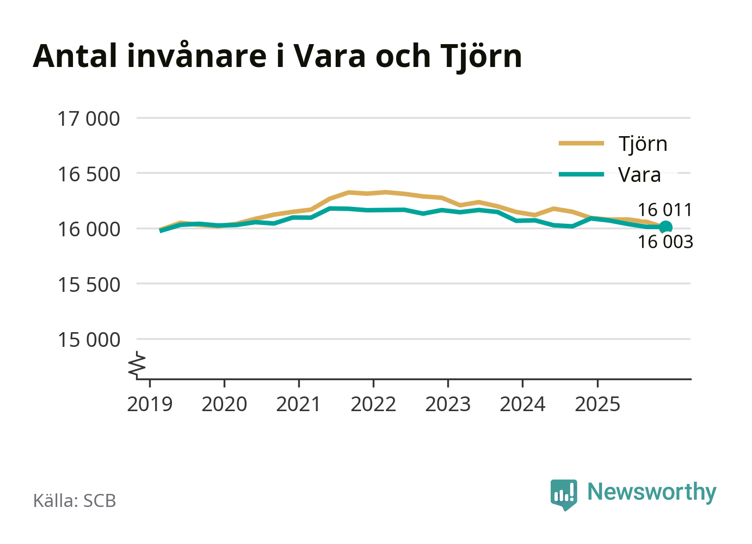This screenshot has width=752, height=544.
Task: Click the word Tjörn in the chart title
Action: pos(481,56)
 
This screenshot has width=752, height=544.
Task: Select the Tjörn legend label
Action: pos(643,144)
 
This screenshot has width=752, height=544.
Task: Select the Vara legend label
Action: pos(639,175)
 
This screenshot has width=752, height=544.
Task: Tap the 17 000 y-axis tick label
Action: pos(89,119)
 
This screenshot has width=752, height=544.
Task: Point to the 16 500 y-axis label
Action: pos(89,174)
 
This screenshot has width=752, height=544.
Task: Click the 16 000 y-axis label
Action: pos(89,229)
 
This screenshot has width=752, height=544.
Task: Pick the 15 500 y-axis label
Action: pos(89,285)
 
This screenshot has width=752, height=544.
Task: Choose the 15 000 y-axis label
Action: pos(89,340)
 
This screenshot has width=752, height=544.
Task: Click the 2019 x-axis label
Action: pos(150,405)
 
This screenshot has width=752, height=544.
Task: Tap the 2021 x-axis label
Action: pos(299,405)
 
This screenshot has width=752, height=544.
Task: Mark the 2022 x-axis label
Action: pos(373,405)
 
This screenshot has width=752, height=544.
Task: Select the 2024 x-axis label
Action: pos(522,405)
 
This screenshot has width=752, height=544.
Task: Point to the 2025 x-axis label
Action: pos(597,405)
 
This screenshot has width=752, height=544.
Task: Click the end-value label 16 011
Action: pos(664,210)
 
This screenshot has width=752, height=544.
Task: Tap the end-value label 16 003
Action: pos(665,242)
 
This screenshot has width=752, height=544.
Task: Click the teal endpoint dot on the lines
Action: pos(665,227)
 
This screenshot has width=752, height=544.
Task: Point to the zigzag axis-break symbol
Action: pos(138,365)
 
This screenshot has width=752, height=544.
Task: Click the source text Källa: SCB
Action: pos(75,501)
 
